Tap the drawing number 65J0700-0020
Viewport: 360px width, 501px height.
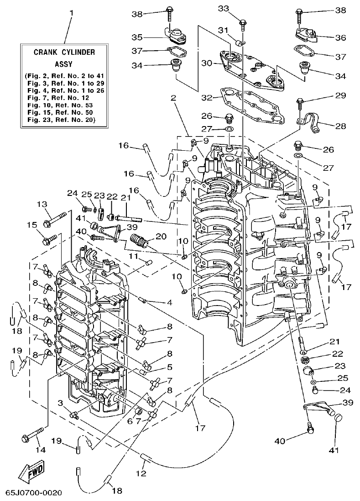coord(34,494)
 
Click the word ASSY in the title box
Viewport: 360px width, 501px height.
coord(64,64)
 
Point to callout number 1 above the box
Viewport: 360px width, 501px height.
coord(71,13)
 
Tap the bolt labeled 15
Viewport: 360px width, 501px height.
coord(48,239)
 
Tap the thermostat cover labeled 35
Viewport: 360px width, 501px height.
coord(174,35)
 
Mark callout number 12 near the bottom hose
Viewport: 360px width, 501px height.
coord(142,474)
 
